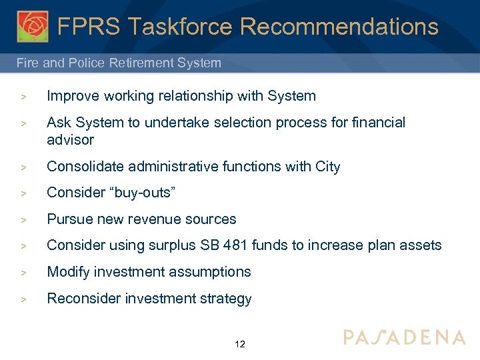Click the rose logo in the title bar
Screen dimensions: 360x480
(x=32, y=26)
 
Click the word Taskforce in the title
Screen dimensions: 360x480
(x=179, y=27)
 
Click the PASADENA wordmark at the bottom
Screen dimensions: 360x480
(x=404, y=337)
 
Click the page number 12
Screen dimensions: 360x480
(x=240, y=345)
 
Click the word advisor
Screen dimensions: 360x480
(x=70, y=140)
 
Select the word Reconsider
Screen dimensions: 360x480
(x=81, y=299)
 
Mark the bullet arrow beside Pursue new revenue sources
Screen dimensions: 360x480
(x=23, y=220)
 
